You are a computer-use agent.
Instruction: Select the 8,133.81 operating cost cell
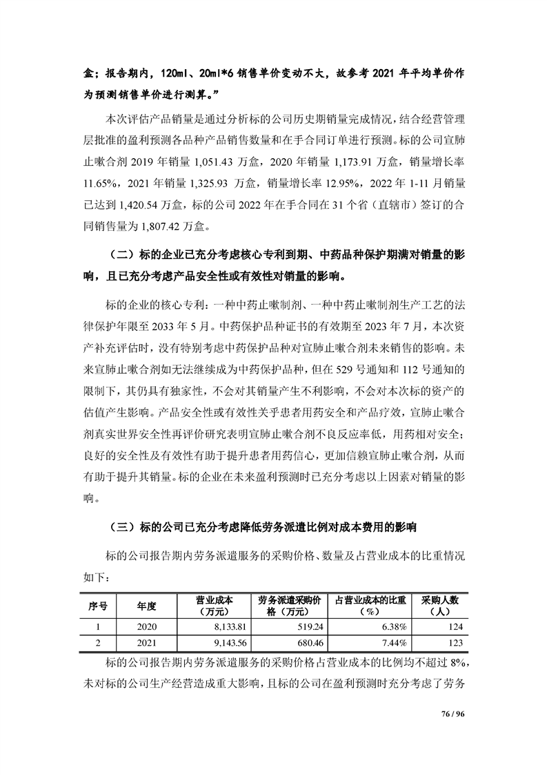coord(217,626)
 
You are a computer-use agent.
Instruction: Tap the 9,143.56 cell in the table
coord(217,642)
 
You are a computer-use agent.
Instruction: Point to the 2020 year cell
coord(147,626)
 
